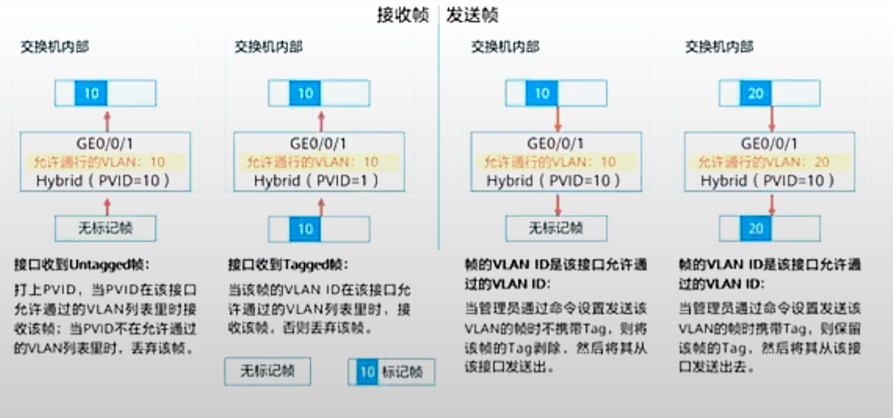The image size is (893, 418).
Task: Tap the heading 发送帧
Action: (472, 16)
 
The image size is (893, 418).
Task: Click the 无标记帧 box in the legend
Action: (267, 371)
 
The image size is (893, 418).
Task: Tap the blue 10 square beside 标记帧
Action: (367, 373)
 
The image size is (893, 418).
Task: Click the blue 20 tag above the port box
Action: (755, 93)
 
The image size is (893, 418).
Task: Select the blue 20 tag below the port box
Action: (755, 228)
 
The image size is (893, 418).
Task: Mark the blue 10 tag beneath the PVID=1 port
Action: (305, 228)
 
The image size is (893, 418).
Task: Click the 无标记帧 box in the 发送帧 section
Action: (555, 228)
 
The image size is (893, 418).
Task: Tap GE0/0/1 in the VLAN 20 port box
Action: (769, 144)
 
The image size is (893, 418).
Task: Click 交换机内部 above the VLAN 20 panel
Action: (719, 47)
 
